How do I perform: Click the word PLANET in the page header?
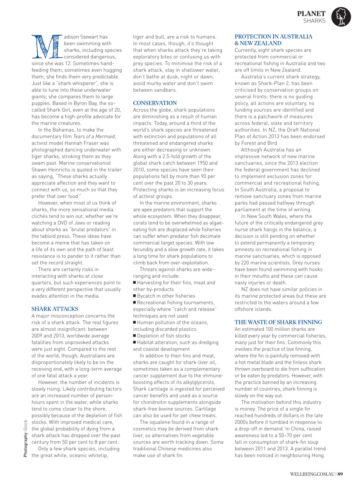[x=311, y=13]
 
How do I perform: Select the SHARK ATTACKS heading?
[x=54, y=309]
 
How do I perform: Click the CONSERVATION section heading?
[x=155, y=103]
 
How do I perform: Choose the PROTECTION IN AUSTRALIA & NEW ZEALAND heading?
[x=273, y=40]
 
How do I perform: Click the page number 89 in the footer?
[x=340, y=473]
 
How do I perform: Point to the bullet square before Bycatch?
[x=135, y=296]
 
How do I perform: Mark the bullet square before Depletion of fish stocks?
[x=135, y=336]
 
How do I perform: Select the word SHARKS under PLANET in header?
[x=314, y=21]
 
